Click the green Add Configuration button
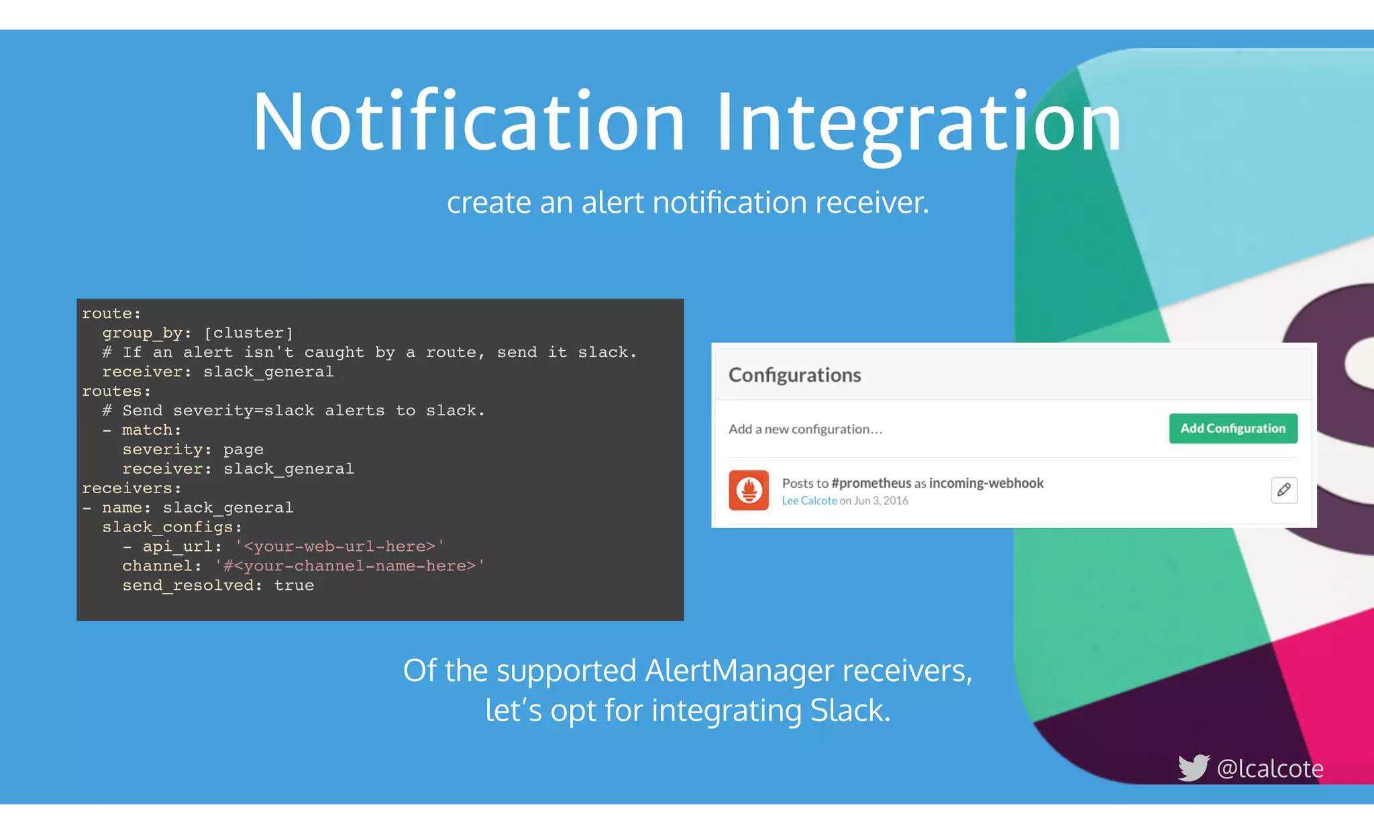coord(1232,429)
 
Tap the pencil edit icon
coord(1283,490)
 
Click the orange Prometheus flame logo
coord(749,490)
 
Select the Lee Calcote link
coord(809,501)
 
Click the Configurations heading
coord(794,375)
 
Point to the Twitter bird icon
coord(1194,768)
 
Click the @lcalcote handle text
coord(1270,768)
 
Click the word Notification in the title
coord(468,122)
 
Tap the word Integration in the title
coord(918,122)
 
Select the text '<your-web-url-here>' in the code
coord(339,547)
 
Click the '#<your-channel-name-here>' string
coord(350,566)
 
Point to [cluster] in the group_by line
coord(249,333)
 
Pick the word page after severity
coord(243,450)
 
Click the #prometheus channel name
coord(871,483)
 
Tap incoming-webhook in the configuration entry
coord(986,483)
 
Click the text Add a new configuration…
coord(805,429)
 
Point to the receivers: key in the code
coord(131,488)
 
